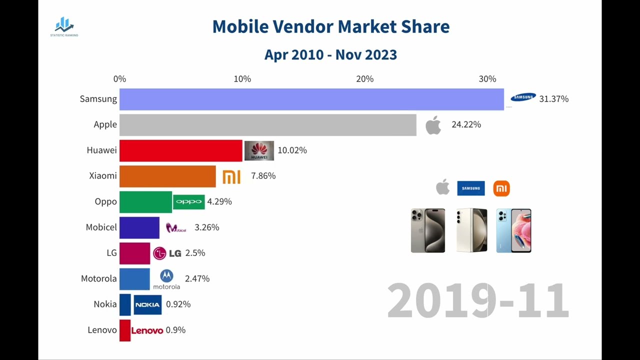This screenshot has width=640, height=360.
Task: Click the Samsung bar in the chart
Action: (x=311, y=99)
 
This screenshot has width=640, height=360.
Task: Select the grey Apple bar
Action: (x=267, y=125)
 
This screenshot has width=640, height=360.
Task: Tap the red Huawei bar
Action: (x=180, y=150)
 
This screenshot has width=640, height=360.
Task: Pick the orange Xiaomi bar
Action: (x=167, y=176)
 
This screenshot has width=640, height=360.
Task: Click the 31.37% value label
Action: (x=553, y=99)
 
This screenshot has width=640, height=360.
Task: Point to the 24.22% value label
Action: (x=466, y=124)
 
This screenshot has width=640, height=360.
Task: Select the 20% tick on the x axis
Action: (x=364, y=79)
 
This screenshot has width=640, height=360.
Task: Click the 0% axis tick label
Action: (x=119, y=79)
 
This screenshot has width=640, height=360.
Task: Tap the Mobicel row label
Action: (x=101, y=227)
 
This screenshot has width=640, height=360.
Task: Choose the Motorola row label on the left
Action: (x=98, y=278)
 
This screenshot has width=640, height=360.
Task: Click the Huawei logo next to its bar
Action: (x=259, y=150)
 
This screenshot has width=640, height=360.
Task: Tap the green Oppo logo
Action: (x=189, y=201)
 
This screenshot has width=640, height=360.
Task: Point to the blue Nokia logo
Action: (x=147, y=304)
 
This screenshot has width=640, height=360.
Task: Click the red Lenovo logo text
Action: (x=147, y=330)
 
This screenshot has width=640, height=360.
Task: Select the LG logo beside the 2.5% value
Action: (x=167, y=253)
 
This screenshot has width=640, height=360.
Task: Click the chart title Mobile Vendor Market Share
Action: (x=330, y=26)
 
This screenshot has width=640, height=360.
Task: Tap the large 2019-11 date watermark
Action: (x=477, y=300)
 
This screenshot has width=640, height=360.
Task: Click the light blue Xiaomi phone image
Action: (x=513, y=230)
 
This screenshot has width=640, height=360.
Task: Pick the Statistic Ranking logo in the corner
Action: (x=64, y=27)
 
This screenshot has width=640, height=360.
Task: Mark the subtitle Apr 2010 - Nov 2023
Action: (x=330, y=54)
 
